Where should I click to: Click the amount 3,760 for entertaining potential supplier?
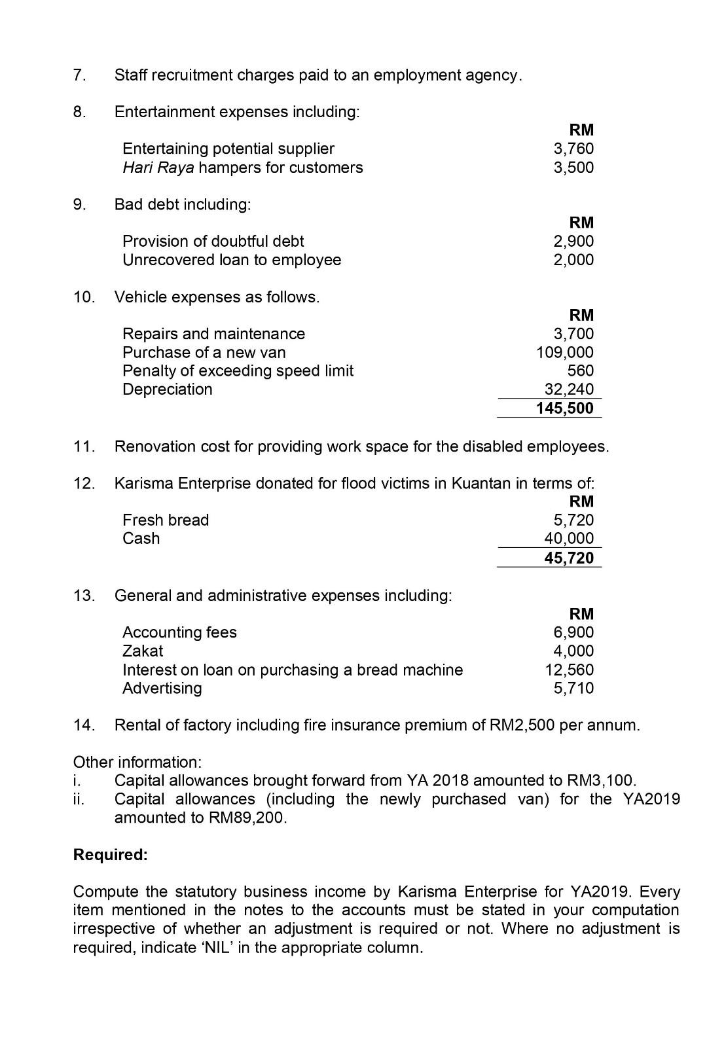573,149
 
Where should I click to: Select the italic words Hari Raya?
158,168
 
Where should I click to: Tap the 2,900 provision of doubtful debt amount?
573,241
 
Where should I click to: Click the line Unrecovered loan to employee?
232,260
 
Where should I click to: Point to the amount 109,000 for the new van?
565,352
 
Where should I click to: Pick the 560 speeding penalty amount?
581,370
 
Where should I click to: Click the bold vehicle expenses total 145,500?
565,408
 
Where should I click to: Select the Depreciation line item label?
168,389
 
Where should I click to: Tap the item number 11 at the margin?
84,446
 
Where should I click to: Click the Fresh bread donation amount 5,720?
573,520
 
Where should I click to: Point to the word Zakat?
143,651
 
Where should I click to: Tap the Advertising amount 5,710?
573,688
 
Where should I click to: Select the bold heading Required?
111,855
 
